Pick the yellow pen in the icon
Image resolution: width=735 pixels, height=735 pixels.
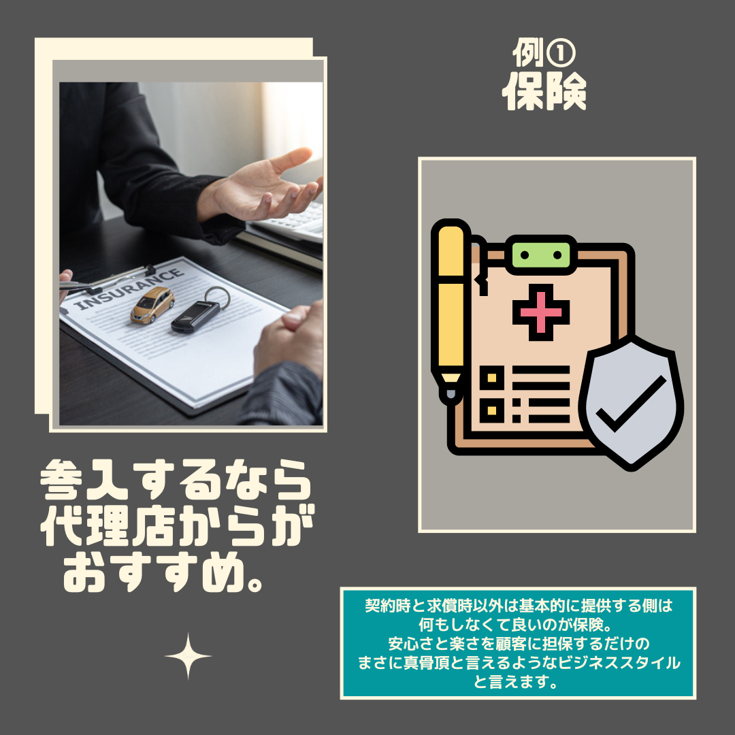coord(450,306)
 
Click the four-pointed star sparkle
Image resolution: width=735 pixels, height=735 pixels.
coord(189,656)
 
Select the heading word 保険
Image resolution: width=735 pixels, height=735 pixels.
coord(544,93)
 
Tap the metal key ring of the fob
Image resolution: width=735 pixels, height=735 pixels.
coord(216,296)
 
